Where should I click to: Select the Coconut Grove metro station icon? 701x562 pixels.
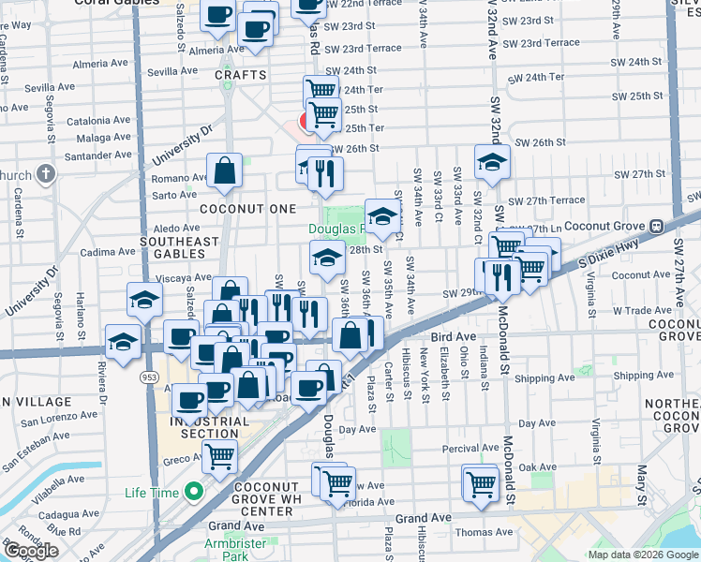click(x=657, y=226)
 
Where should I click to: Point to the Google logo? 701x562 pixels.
click(x=31, y=551)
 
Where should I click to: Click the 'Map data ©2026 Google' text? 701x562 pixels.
click(x=643, y=555)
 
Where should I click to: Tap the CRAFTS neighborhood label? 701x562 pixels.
click(x=241, y=75)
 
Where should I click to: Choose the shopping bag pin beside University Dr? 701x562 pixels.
click(x=225, y=170)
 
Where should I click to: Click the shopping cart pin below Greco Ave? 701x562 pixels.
click(x=219, y=457)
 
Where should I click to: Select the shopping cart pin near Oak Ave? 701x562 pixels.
click(x=481, y=484)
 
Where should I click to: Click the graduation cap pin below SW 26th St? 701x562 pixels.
click(x=492, y=162)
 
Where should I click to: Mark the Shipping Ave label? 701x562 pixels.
click(x=541, y=378)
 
